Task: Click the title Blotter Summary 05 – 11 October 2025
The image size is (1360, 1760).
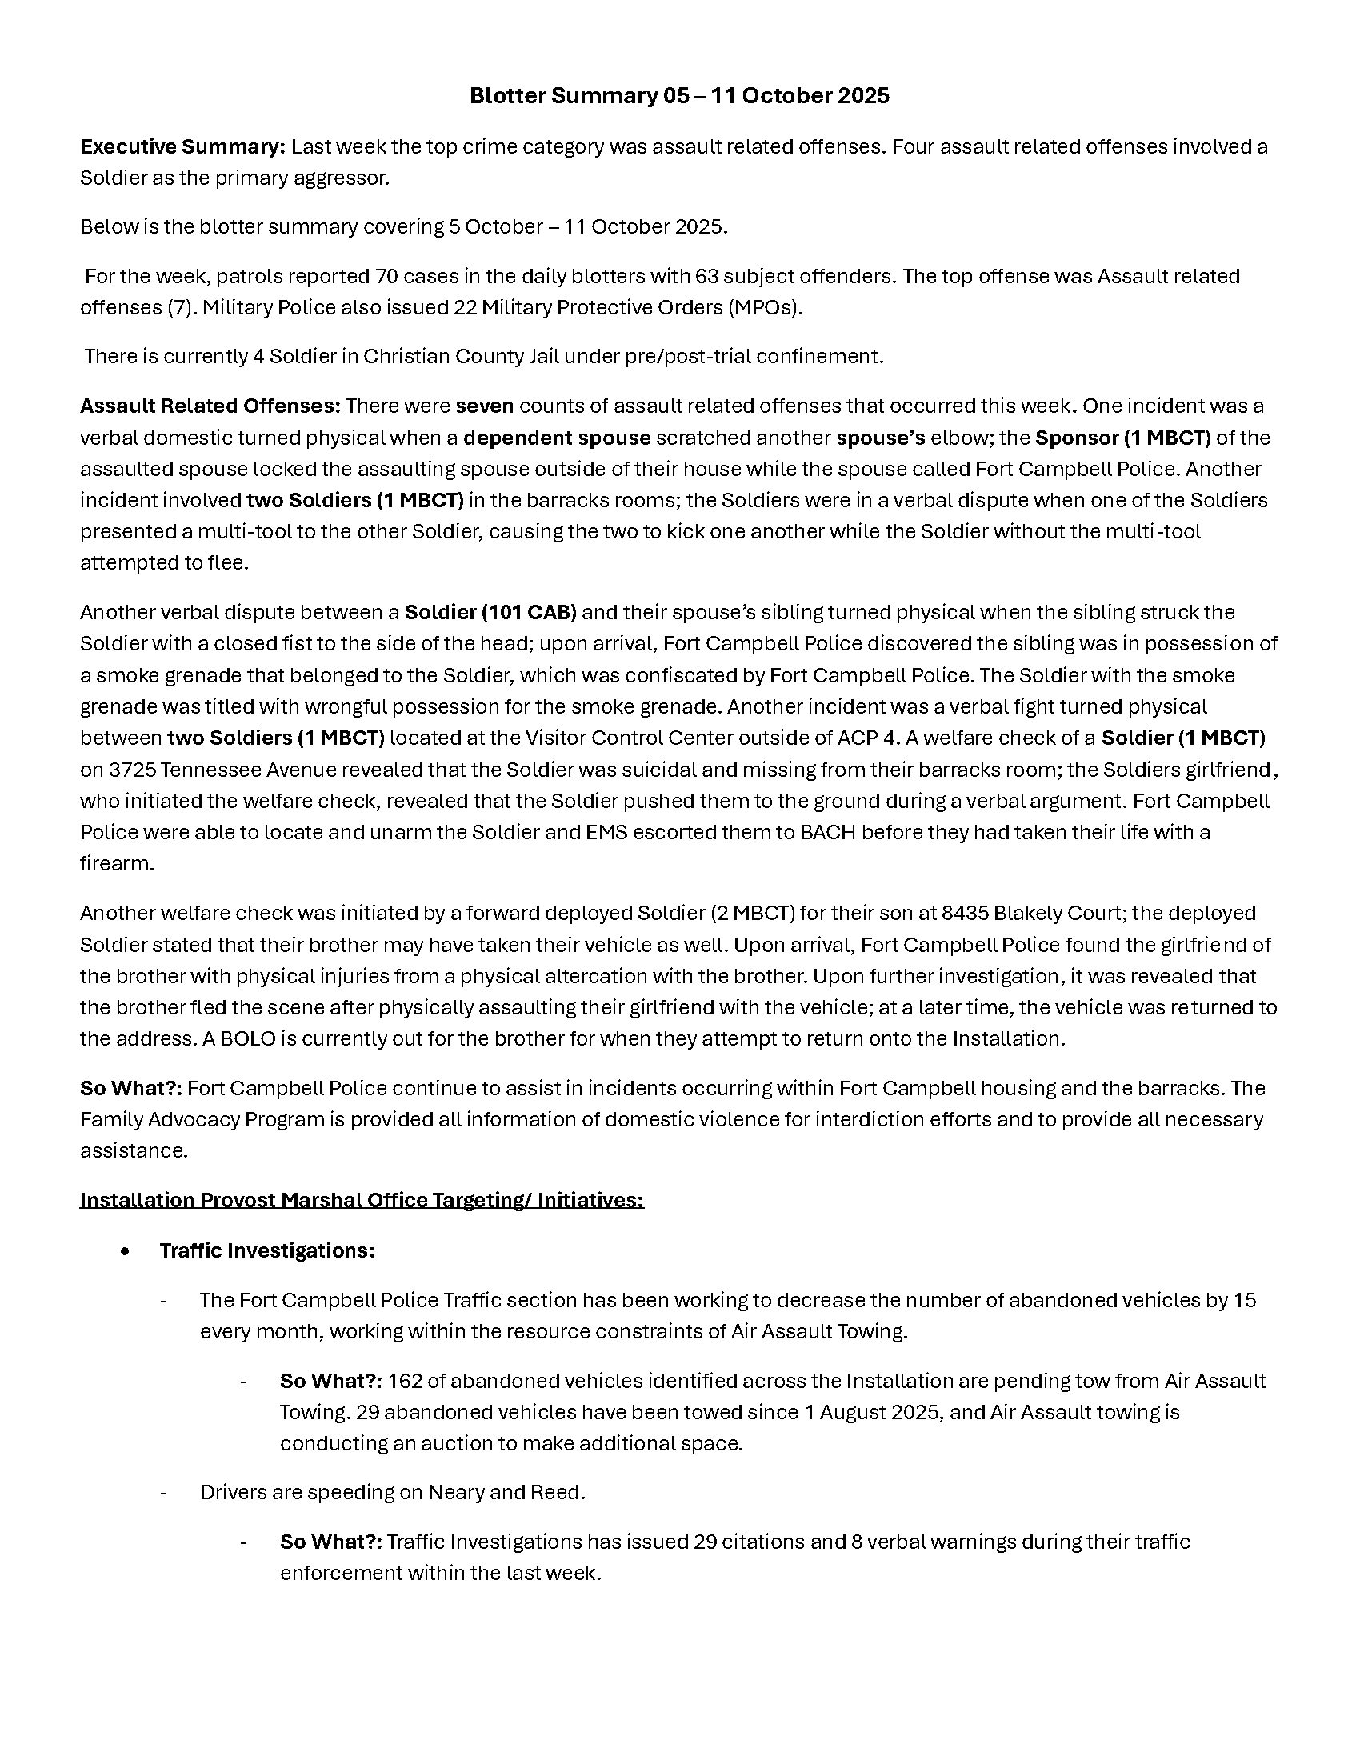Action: coord(679,96)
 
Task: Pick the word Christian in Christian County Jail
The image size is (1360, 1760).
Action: coord(409,356)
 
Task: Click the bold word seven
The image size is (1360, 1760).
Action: coord(484,406)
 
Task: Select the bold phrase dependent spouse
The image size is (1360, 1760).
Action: coord(557,438)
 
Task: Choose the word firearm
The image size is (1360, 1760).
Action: coord(114,864)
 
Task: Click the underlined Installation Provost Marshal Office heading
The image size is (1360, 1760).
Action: coord(362,1200)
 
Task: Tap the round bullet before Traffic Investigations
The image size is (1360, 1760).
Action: coord(125,1250)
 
